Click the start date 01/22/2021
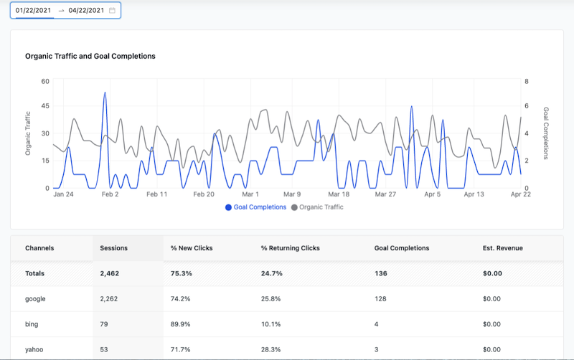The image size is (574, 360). (x=31, y=10)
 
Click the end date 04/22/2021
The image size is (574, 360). (x=86, y=10)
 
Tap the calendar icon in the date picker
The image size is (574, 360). (x=112, y=10)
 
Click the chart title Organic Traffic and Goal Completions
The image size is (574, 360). (x=90, y=56)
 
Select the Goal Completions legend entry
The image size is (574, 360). (x=256, y=207)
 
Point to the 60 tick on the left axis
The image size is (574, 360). (x=44, y=81)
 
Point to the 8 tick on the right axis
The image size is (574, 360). (x=527, y=81)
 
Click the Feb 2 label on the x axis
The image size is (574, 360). (x=110, y=194)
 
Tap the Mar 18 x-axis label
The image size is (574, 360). (x=338, y=194)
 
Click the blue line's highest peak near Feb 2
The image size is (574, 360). (x=105, y=93)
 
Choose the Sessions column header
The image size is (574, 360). (x=113, y=248)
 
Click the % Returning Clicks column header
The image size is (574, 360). (x=290, y=248)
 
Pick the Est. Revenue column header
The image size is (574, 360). (x=502, y=248)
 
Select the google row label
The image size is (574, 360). (x=35, y=298)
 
